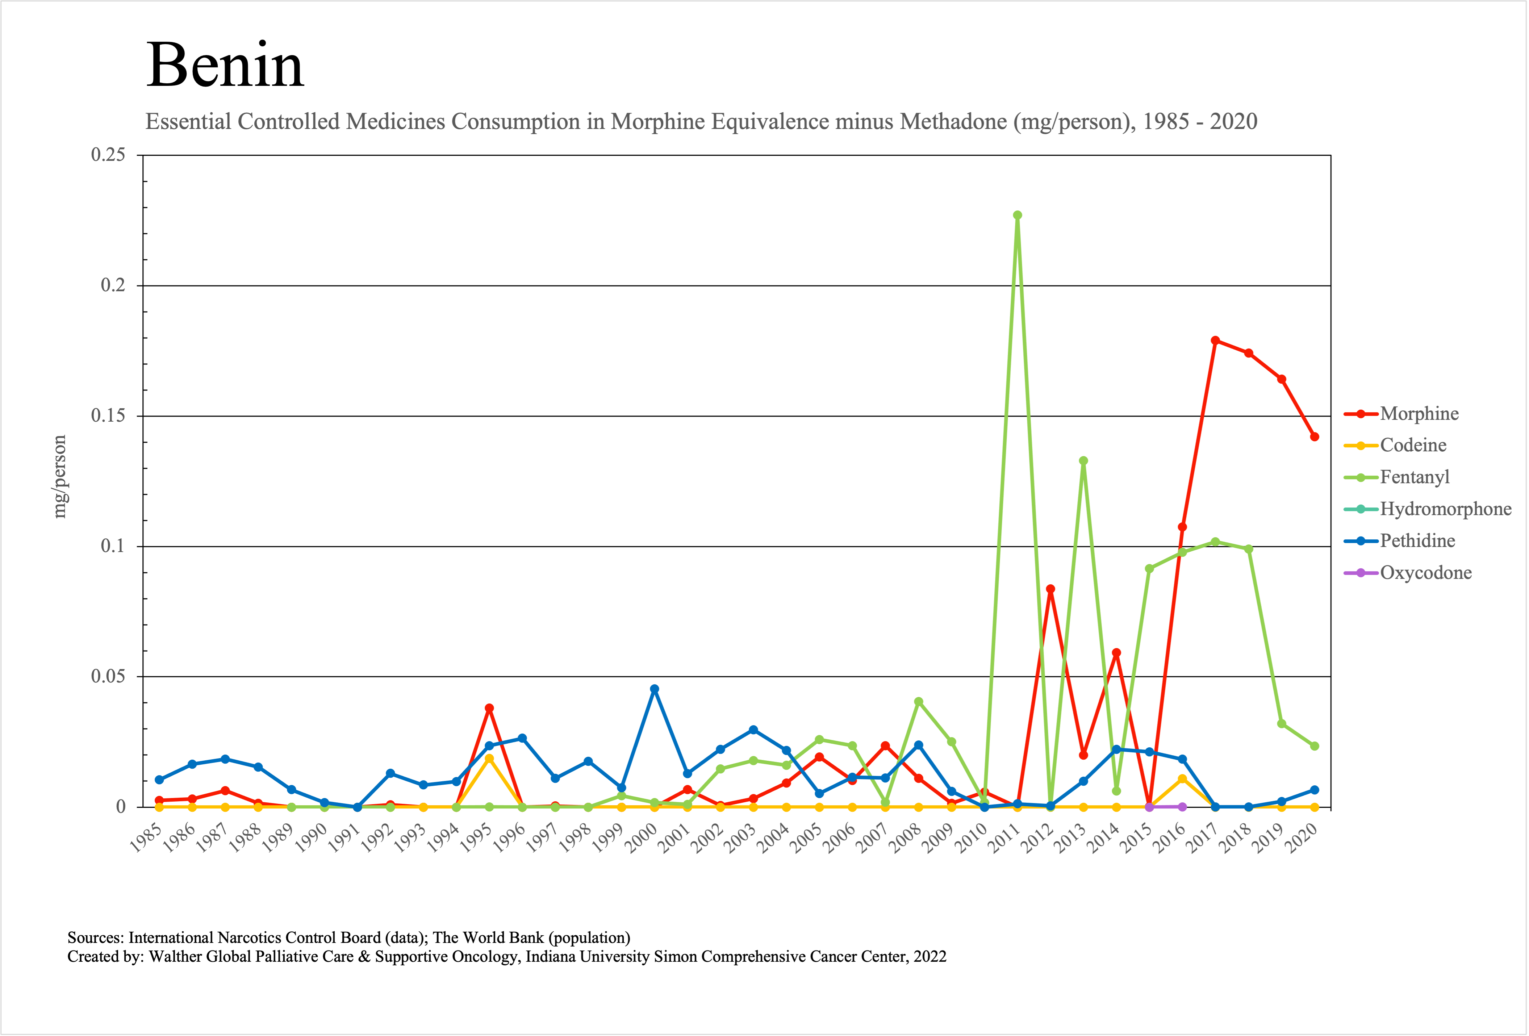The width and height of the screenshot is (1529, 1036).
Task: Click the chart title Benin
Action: point(225,66)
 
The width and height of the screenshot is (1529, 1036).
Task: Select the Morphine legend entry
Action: point(1419,414)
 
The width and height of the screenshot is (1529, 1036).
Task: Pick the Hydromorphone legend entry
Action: point(1445,509)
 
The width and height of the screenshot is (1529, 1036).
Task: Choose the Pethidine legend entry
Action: point(1417,541)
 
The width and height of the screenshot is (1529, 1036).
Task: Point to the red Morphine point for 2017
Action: point(1215,341)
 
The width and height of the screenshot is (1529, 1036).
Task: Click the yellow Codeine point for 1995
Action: point(489,759)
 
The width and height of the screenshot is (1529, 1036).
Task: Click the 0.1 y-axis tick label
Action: point(113,546)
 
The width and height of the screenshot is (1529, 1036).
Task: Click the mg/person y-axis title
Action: point(60,477)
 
